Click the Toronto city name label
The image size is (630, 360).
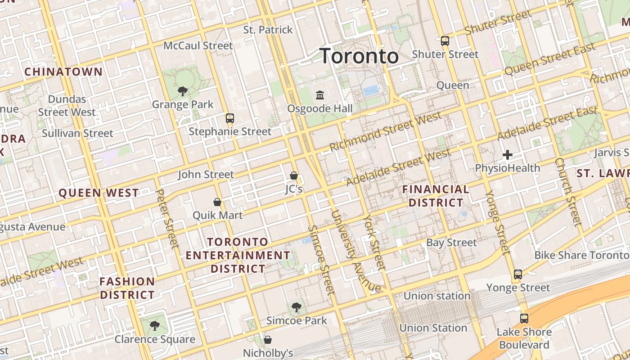coord(359,56)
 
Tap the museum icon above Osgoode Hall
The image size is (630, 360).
coord(320,95)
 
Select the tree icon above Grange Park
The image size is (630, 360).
coord(182,91)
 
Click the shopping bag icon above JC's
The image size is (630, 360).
coord(294,175)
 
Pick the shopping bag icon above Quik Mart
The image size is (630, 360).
coord(217,202)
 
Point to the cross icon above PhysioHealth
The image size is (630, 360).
coord(508,155)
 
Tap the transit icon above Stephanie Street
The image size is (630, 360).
coord(230,118)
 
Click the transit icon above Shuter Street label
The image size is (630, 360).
coord(445,41)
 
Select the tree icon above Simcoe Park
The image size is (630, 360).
coord(296,307)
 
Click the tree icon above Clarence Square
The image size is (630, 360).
coord(154,326)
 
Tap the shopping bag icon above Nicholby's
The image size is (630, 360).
coord(268,339)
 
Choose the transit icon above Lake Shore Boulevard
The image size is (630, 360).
coord(524,319)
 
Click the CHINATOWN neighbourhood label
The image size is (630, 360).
coord(63,72)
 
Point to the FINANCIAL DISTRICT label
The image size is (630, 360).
coord(436,196)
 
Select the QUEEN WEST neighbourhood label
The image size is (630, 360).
coord(99,193)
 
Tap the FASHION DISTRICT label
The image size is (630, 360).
coord(127,288)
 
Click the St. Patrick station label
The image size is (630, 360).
coord(268,30)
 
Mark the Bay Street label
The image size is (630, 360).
coord(451,243)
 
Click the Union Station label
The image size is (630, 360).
coord(433,328)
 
